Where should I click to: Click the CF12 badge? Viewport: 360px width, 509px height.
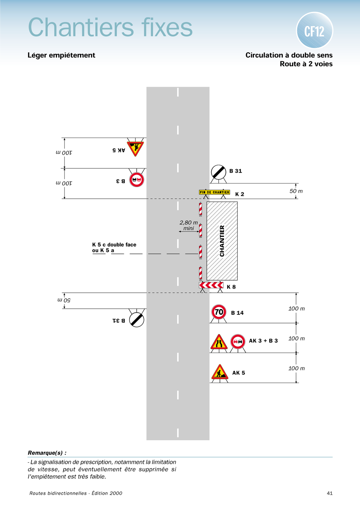tap(314, 31)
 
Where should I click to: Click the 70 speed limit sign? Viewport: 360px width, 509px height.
tap(219, 312)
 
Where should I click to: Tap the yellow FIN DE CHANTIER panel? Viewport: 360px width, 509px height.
tap(214, 192)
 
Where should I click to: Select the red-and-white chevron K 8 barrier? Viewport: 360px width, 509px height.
tap(211, 285)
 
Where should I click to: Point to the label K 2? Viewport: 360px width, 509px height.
tap(240, 194)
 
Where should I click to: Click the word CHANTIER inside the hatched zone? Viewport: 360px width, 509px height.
tap(222, 241)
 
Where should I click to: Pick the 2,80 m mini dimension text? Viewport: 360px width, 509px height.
tap(188, 226)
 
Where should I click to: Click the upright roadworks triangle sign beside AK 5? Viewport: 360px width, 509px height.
tap(220, 372)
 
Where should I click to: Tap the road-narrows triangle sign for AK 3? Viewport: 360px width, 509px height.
tap(219, 342)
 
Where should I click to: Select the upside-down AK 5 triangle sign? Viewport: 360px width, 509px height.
tap(135, 148)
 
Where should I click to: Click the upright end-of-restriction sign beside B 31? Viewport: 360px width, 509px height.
tap(219, 172)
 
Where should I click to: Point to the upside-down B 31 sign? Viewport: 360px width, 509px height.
tap(136, 319)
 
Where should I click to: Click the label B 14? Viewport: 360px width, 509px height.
tap(237, 313)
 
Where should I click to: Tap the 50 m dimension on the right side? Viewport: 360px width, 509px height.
tap(296, 192)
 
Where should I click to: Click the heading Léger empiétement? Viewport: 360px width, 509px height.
tap(61, 55)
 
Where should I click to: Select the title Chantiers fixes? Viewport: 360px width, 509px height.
tap(110, 28)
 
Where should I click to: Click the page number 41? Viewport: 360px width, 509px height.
tap(330, 493)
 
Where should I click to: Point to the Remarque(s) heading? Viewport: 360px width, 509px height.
tap(47, 453)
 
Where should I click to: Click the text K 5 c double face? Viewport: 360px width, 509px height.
tap(114, 245)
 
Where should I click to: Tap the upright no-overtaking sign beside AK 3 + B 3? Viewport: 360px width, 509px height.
tap(238, 341)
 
